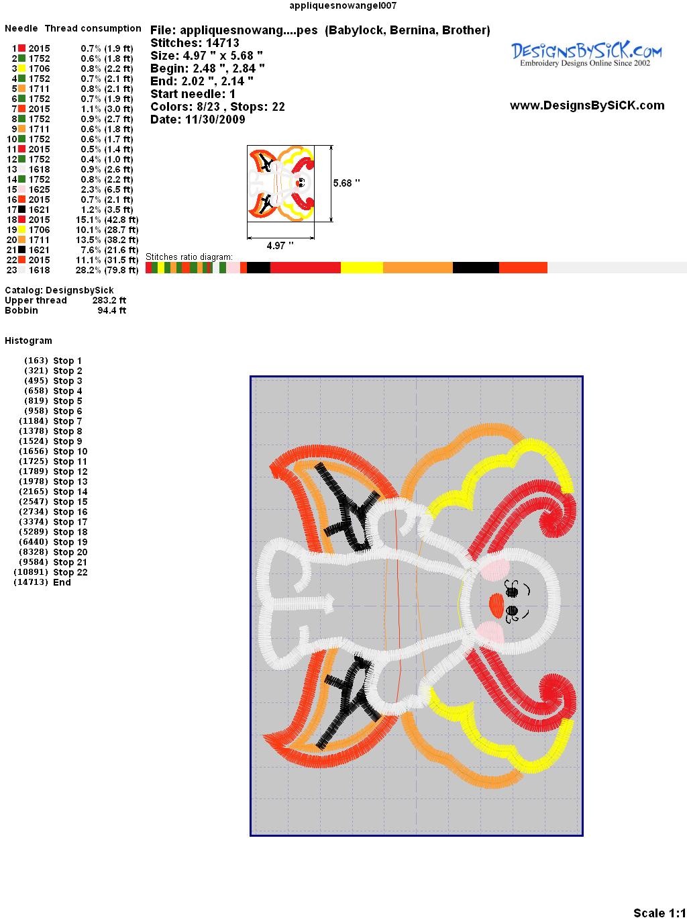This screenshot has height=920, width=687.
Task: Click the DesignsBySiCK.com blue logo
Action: tap(586, 54)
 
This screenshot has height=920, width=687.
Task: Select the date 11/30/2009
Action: tap(215, 120)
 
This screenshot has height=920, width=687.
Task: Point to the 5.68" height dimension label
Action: tap(346, 183)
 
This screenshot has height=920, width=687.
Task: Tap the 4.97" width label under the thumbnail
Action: tap(280, 246)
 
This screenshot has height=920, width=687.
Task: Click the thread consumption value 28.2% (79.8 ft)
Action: tap(107, 271)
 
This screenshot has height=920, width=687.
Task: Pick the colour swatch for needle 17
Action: tap(21, 209)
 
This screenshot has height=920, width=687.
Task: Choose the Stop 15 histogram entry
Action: tap(53, 502)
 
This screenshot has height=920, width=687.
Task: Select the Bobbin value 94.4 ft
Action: tap(111, 310)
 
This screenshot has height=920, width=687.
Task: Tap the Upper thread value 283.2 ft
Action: tap(109, 301)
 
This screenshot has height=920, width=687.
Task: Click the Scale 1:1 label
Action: tap(659, 913)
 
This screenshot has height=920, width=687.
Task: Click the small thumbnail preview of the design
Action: tap(281, 183)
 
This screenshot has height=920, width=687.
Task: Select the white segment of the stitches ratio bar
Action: tap(617, 267)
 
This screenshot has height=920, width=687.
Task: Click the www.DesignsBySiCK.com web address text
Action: tap(587, 105)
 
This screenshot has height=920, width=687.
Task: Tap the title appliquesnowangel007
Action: tap(343, 5)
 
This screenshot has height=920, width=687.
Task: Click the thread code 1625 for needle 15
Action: tap(39, 189)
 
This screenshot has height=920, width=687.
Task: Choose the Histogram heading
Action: tap(28, 340)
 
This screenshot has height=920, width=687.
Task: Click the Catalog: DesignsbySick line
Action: tap(59, 290)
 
